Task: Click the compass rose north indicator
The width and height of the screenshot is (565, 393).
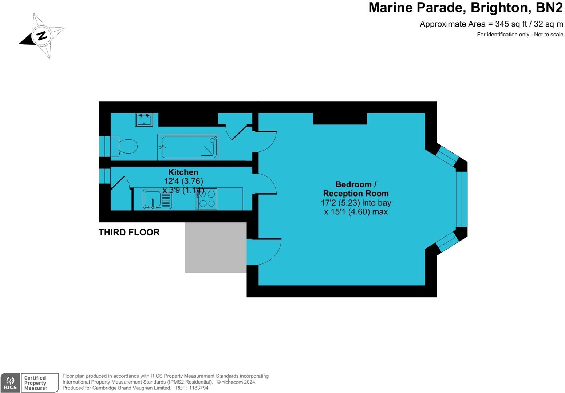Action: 42,36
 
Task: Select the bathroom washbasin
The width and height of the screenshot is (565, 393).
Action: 144,119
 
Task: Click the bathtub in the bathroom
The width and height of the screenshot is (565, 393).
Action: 188,147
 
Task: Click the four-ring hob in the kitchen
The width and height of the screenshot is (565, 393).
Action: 206,199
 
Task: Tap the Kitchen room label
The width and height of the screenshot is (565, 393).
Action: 183,172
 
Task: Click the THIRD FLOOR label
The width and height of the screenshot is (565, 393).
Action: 129,233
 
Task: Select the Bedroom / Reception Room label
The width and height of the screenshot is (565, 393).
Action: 356,189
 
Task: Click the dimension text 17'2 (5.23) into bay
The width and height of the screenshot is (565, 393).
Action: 356,203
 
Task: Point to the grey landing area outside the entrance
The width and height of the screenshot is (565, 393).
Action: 216,247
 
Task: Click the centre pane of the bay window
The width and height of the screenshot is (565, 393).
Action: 461,199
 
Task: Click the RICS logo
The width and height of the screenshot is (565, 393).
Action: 11,383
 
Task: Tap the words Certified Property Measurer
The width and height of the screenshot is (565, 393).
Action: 35,383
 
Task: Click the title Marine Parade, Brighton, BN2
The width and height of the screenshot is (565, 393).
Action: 465,8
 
